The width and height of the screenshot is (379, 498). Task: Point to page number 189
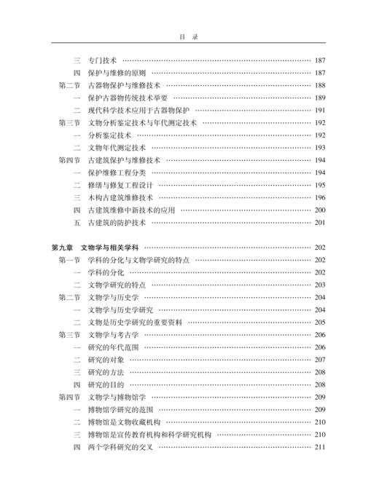click(320, 98)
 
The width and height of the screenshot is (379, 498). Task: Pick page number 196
click(320, 197)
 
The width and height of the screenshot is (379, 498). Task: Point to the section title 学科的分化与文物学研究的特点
click(138, 260)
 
